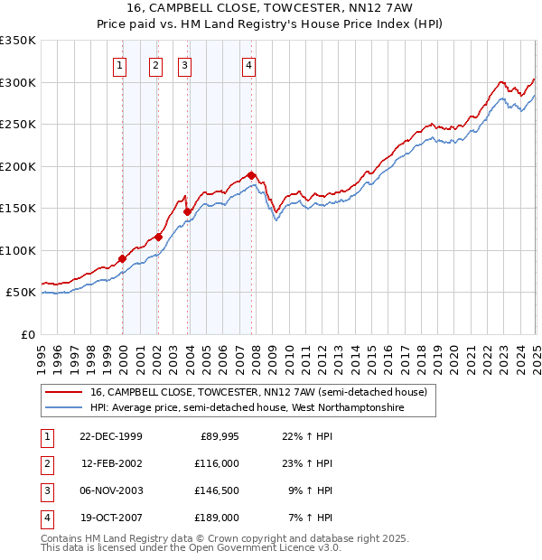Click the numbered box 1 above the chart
(x=120, y=64)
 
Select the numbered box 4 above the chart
(x=248, y=64)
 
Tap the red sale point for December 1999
(x=123, y=258)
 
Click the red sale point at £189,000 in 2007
(x=251, y=175)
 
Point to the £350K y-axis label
(x=18, y=41)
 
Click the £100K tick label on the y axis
(x=18, y=250)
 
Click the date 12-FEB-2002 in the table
(x=112, y=462)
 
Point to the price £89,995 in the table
(x=220, y=435)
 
